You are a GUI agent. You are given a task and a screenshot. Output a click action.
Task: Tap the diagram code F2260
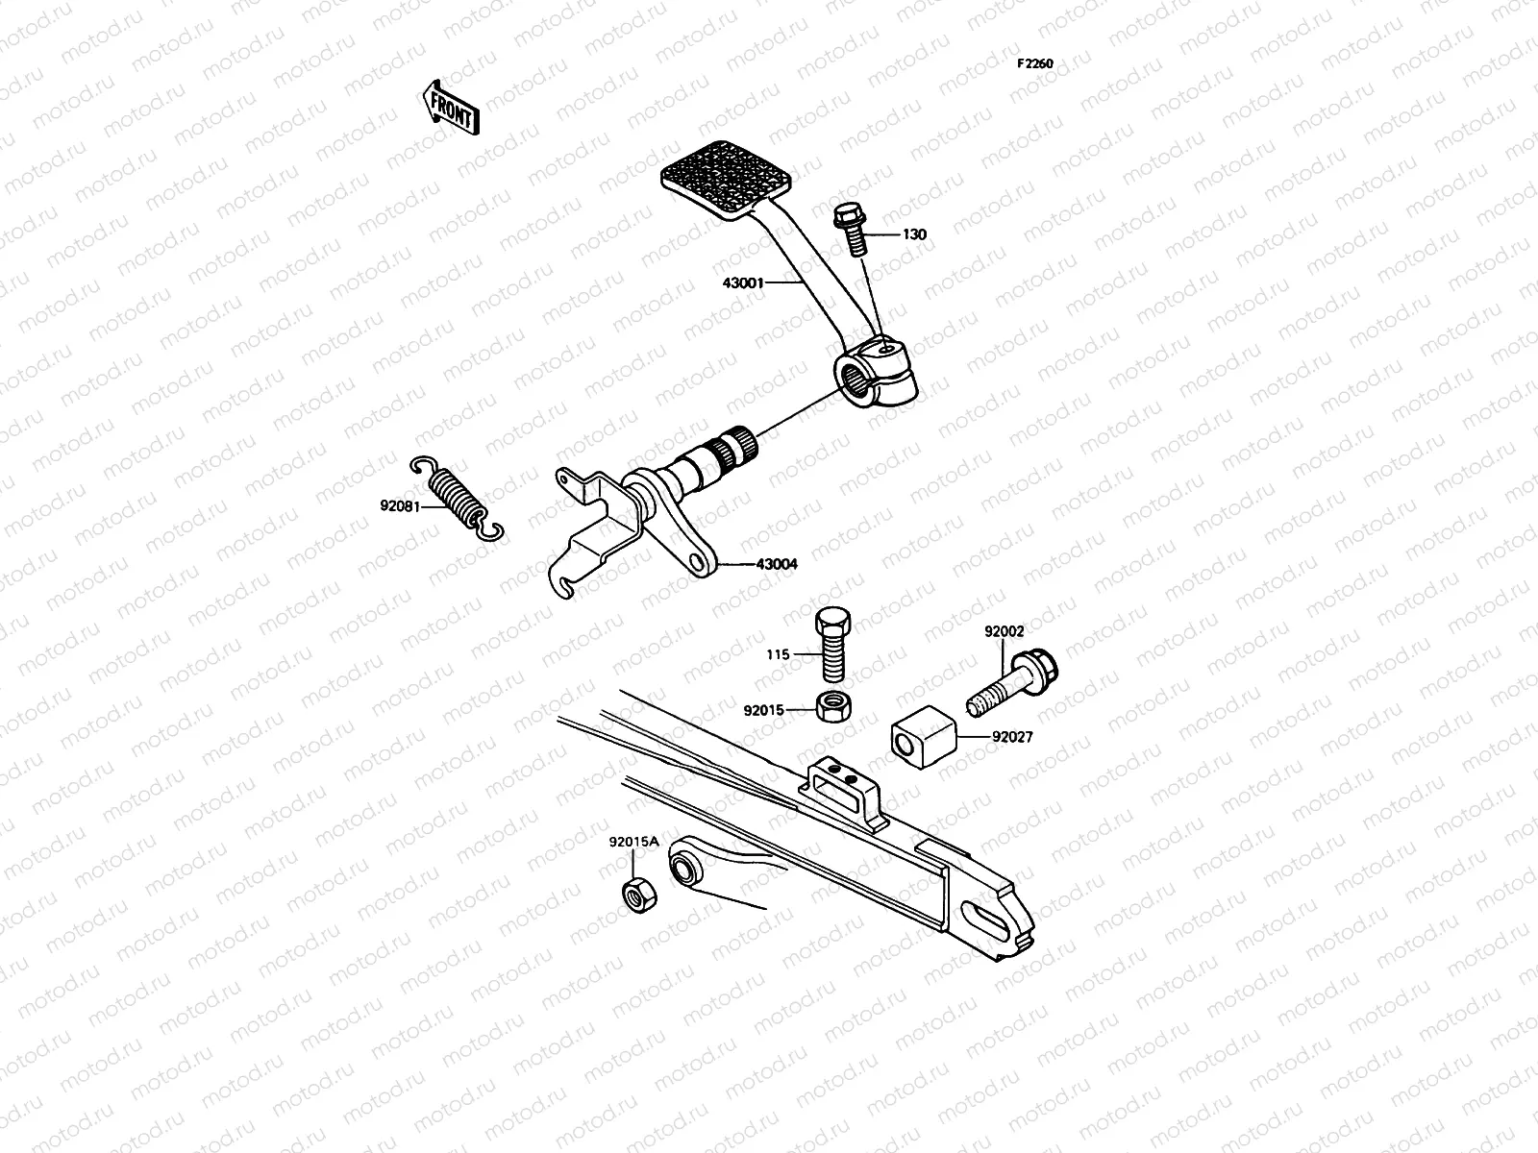click(1037, 64)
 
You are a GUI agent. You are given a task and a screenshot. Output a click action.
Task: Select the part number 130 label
click(914, 234)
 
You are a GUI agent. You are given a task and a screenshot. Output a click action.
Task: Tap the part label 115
click(778, 654)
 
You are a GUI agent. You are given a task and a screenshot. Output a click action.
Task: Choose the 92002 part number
click(1004, 631)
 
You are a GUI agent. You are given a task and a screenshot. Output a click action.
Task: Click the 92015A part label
click(633, 843)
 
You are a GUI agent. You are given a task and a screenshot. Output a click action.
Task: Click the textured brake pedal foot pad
click(739, 176)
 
